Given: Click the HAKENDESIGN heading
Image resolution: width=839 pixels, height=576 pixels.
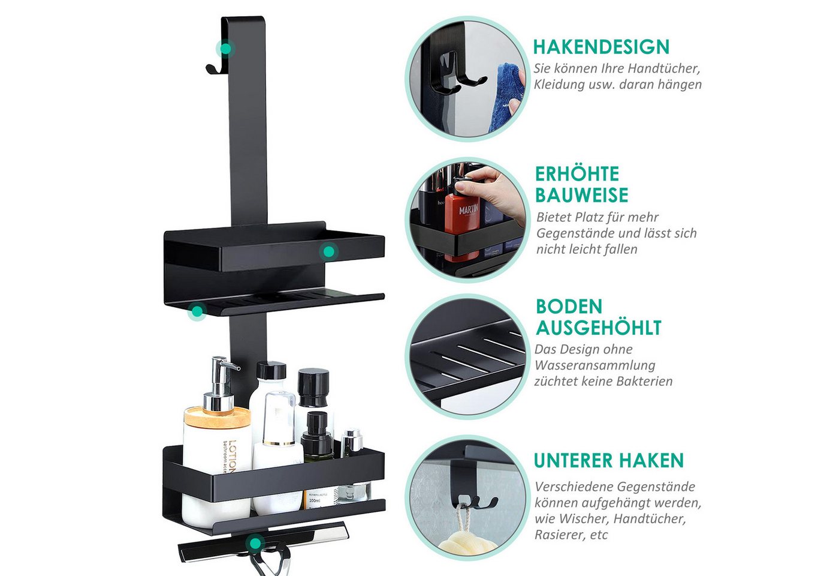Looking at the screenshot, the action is point(600,47).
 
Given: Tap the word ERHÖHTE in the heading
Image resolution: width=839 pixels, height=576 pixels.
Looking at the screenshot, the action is point(577,174).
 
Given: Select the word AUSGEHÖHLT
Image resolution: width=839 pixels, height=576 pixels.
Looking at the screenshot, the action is point(599,328).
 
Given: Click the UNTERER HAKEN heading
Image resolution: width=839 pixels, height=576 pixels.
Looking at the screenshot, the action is point(609,460).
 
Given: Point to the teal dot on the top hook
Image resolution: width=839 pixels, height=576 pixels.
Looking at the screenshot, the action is point(225,49).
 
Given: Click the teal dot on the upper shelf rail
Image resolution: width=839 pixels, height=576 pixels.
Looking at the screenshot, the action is point(329,251).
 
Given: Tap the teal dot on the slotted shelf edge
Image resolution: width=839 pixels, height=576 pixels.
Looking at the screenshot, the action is point(197,311).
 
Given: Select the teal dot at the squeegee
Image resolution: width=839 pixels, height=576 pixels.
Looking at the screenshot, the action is point(255,542).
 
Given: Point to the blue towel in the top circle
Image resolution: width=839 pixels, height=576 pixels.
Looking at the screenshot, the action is point(507,97).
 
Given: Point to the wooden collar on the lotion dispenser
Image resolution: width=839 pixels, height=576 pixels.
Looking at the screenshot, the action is point(217,416).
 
